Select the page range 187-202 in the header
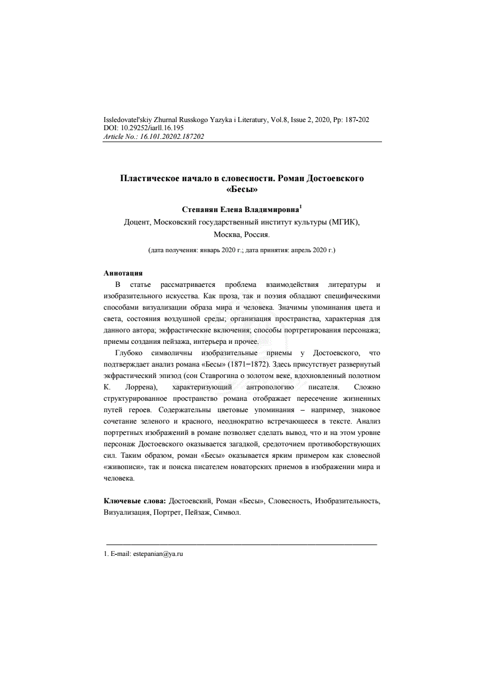click(355, 119)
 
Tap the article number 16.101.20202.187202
click(172, 137)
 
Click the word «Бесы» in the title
click(241, 189)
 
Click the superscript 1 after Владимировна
click(301, 207)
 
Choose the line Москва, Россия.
click(241, 235)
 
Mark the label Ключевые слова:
click(135, 501)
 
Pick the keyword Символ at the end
click(227, 512)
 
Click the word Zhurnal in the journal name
click(160, 119)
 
